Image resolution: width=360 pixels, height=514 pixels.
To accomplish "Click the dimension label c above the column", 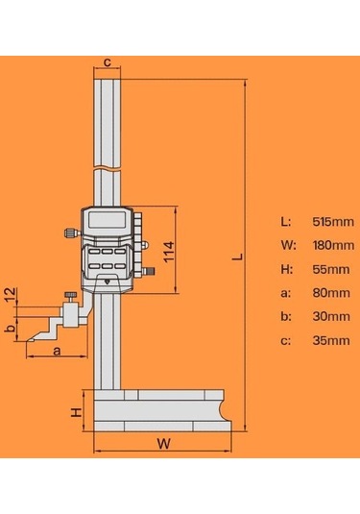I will [x=108, y=62].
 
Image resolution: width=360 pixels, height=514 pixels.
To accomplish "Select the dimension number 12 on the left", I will [x=10, y=293].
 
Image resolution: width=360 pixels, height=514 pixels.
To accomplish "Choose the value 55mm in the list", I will [x=328, y=269].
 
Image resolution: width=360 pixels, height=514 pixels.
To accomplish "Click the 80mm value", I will [x=328, y=293].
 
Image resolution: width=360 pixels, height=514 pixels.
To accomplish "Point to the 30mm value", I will [x=328, y=316].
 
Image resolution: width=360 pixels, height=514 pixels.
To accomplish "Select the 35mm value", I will [x=328, y=340].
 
